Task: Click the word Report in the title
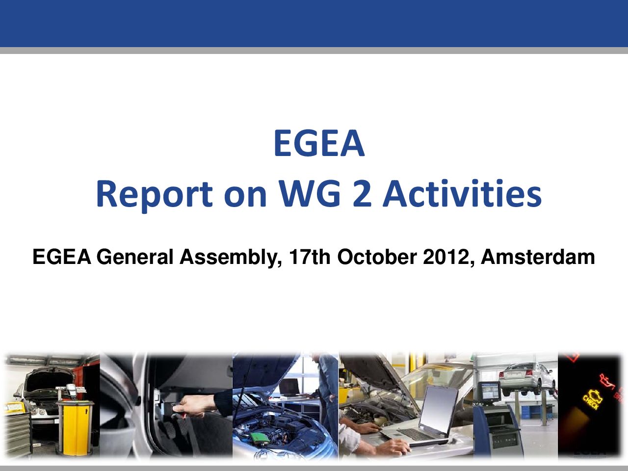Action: [x=155, y=194]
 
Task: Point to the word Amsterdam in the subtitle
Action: [x=538, y=257]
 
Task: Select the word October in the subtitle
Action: [x=377, y=257]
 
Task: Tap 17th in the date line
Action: [x=310, y=257]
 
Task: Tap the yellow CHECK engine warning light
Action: [x=593, y=398]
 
